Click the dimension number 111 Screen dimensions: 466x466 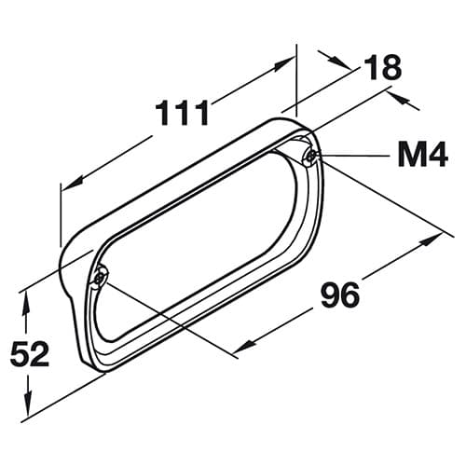[182, 113]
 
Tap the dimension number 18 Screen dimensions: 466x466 [382, 67]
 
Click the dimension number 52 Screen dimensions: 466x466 [30, 353]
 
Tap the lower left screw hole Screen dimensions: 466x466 [101, 278]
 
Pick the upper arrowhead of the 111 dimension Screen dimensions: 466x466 [284, 62]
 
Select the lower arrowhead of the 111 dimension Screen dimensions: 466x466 [72, 184]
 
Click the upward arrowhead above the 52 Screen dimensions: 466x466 [26, 304]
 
